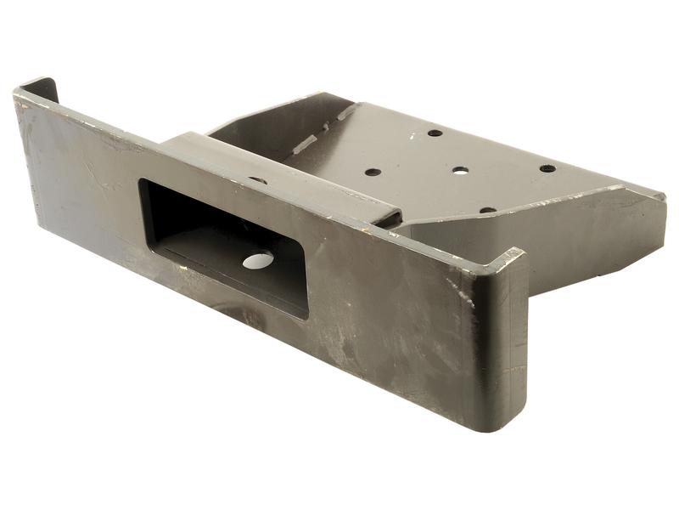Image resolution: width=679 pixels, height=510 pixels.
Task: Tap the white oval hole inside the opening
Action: click(x=258, y=261)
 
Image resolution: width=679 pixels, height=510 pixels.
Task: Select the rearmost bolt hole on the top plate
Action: click(x=435, y=133)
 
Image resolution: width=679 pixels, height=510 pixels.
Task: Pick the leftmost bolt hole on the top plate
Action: click(x=373, y=172)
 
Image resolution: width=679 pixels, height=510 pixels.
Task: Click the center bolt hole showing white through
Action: click(x=460, y=170)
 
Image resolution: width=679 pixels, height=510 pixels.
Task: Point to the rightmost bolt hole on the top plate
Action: click(x=547, y=168)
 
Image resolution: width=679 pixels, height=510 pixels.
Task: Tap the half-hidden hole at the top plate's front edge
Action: click(x=487, y=209)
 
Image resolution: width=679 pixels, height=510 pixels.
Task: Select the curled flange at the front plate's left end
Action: click(x=38, y=89)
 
